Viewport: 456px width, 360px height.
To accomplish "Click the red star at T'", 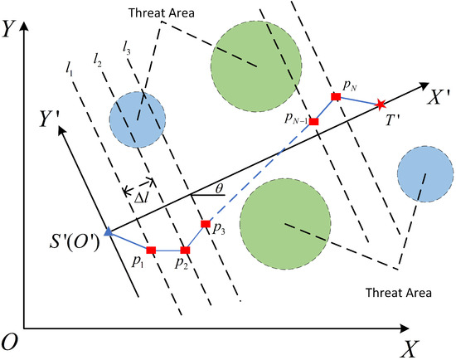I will pyautogui.click(x=381, y=104).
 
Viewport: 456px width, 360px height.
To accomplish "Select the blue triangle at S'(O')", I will pyautogui.click(x=108, y=232).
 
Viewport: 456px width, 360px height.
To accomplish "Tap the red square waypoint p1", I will pyautogui.click(x=151, y=250).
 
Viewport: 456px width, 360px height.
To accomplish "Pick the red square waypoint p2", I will pyautogui.click(x=185, y=250).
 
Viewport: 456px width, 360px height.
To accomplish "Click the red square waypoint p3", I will pyautogui.click(x=206, y=224).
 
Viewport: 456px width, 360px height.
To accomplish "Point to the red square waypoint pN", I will pyautogui.click(x=336, y=97).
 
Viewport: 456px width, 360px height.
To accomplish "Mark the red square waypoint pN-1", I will pyautogui.click(x=313, y=121).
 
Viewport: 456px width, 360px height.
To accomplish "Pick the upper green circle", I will pyautogui.click(x=256, y=61).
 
